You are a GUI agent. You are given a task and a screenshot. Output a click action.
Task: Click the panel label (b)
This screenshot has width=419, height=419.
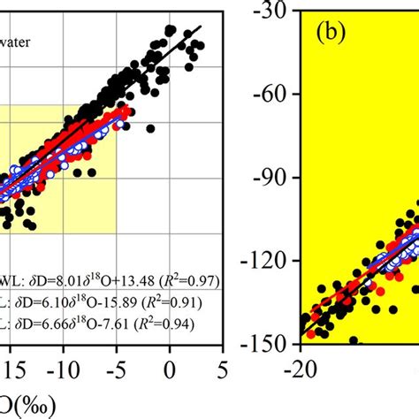[336, 36]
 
